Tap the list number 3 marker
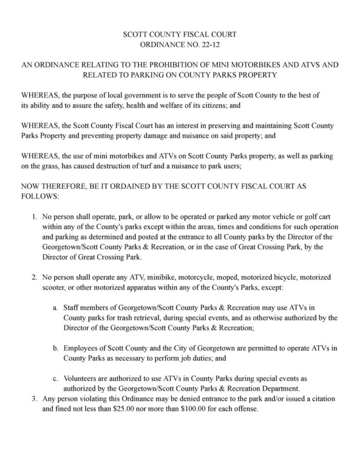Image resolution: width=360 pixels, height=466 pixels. [x=35, y=399]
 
